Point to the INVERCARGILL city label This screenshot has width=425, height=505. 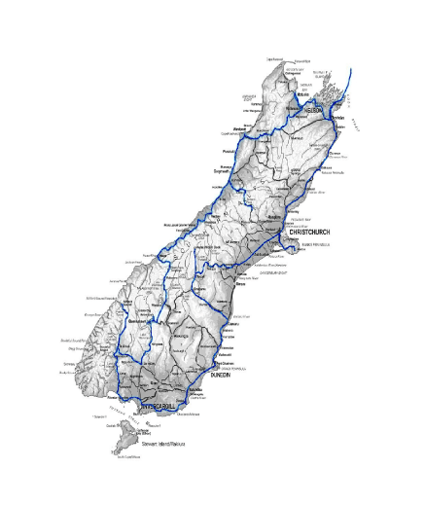click(156, 404)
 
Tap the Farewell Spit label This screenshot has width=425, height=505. click(308, 61)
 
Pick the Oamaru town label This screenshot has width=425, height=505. click(233, 323)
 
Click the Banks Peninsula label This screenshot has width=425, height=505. click(318, 244)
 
